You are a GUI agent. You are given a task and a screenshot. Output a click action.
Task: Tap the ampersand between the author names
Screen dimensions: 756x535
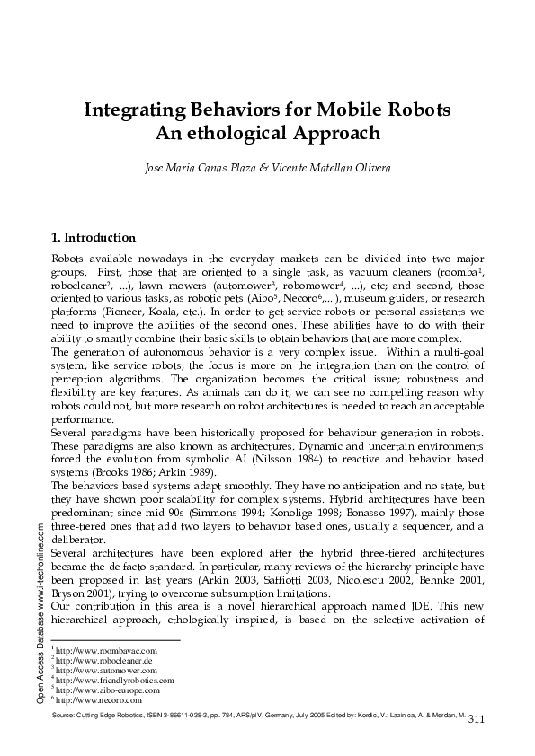[263, 168]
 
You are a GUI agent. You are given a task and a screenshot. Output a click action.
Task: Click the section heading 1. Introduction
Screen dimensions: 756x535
[94, 238]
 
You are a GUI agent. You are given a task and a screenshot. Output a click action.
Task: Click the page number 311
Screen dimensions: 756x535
[477, 718]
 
